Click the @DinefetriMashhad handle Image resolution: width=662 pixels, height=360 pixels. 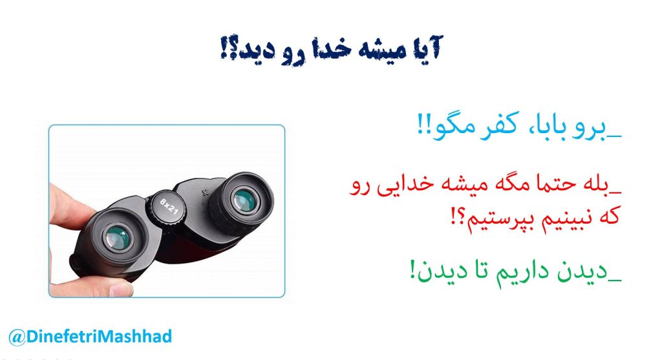pyautogui.click(x=90, y=337)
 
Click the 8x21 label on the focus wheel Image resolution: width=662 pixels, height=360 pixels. pyautogui.click(x=169, y=207)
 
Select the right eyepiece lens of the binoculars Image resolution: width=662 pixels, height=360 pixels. pyautogui.click(x=244, y=200)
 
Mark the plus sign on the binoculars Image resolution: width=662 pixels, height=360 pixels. pyautogui.click(x=205, y=193)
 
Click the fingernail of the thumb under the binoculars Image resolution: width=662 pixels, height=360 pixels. pyautogui.click(x=120, y=290)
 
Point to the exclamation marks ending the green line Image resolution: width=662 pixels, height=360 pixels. pyautogui.click(x=412, y=270)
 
